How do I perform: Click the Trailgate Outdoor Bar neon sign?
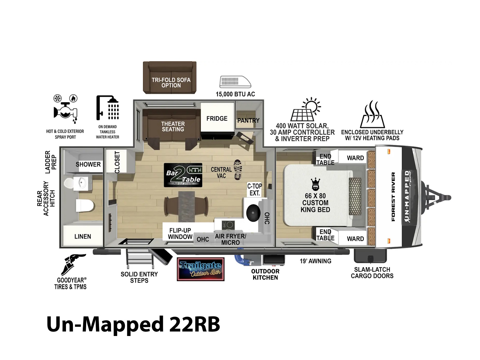click(200, 269)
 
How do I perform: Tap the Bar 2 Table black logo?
click(183, 175)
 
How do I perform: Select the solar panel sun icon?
click(306, 109)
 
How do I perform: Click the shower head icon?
click(108, 108)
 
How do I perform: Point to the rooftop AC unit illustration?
click(235, 82)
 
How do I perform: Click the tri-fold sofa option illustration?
click(170, 77)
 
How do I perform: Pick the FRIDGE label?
click(217, 118)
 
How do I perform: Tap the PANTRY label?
click(248, 120)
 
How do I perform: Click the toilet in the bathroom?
click(85, 205)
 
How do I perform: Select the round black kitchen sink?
click(253, 213)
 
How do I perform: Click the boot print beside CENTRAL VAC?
click(238, 169)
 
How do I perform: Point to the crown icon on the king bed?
click(315, 184)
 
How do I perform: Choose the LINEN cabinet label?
click(83, 236)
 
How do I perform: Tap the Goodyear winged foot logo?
click(73, 265)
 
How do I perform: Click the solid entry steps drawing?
click(139, 259)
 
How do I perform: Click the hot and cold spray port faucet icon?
click(65, 109)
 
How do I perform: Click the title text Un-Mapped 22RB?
click(133, 324)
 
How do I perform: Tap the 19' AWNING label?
click(315, 261)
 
